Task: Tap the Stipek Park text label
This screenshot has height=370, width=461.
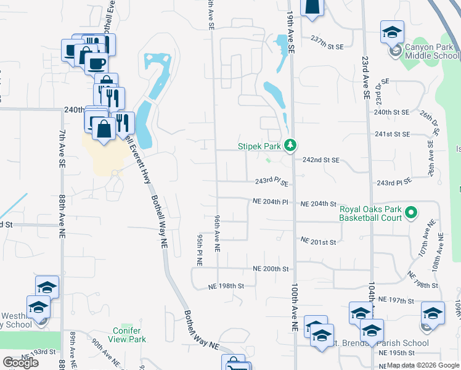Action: pyautogui.click(x=259, y=147)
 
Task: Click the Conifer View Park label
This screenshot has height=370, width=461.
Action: pyautogui.click(x=129, y=335)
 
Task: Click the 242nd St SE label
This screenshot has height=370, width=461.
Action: pyautogui.click(x=320, y=160)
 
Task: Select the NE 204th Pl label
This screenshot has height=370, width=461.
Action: pyautogui.click(x=271, y=202)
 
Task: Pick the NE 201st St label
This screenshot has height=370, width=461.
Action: pyautogui.click(x=318, y=242)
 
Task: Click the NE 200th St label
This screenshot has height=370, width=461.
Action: pyautogui.click(x=271, y=269)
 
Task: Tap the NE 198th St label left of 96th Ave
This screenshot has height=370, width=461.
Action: pyautogui.click(x=226, y=286)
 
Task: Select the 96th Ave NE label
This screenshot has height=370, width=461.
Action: pyautogui.click(x=218, y=234)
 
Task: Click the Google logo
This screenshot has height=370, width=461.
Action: pyautogui.click(x=20, y=363)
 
